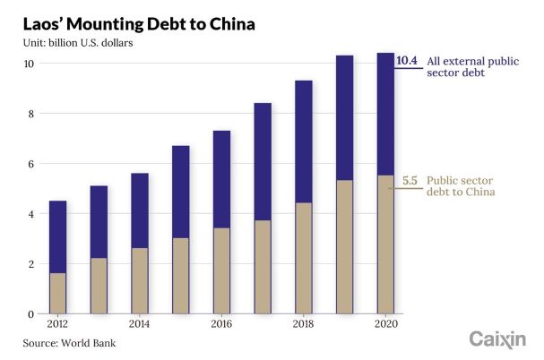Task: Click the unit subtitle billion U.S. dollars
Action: (73, 43)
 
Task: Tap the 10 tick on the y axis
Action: (30, 64)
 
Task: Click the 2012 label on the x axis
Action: (56, 325)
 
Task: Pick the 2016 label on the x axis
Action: (220, 325)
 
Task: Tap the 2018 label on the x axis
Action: (303, 325)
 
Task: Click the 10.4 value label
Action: (408, 61)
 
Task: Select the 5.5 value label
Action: (410, 180)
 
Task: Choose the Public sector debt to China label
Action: (461, 185)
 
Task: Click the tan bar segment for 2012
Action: (56, 293)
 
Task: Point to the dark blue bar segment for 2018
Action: (303, 141)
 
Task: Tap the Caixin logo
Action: (498, 339)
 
